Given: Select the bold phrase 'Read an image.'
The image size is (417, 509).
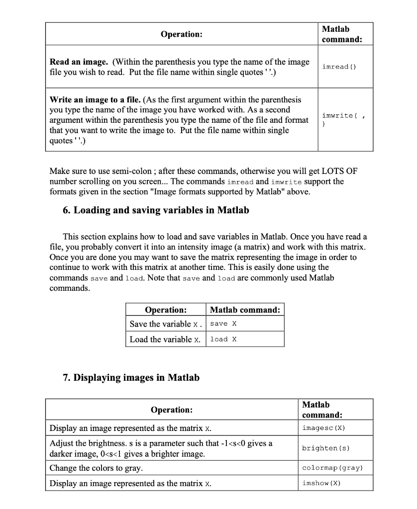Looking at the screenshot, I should pos(79,62).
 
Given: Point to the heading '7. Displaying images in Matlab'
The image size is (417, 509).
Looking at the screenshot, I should pos(131,378).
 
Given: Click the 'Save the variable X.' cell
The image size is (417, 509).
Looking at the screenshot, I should pos(166,324).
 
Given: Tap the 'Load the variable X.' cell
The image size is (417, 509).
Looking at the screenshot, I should pos(166,339).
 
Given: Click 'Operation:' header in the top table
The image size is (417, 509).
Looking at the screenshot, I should pos(181,34).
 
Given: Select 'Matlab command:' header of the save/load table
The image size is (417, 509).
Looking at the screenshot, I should pos(245,310).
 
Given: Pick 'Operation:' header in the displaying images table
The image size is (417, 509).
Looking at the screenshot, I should pos(172,410).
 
